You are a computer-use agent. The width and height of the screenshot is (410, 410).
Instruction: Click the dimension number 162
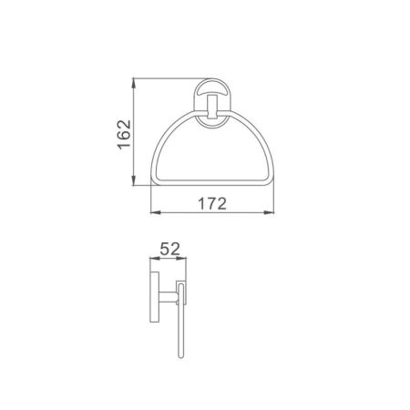tap(125, 134)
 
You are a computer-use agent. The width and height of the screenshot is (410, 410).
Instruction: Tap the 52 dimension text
tap(169, 249)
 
